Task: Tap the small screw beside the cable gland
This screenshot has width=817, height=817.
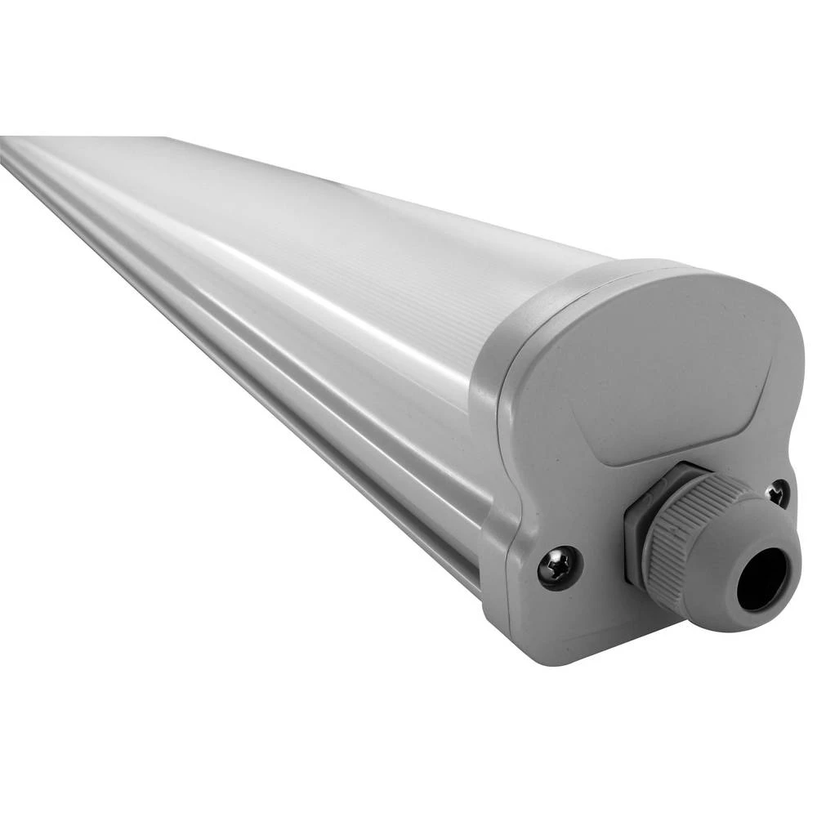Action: click(777, 493)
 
